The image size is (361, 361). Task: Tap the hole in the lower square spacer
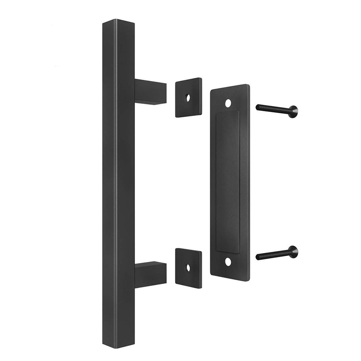(x=188, y=267)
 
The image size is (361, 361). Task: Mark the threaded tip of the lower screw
(x=258, y=257)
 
